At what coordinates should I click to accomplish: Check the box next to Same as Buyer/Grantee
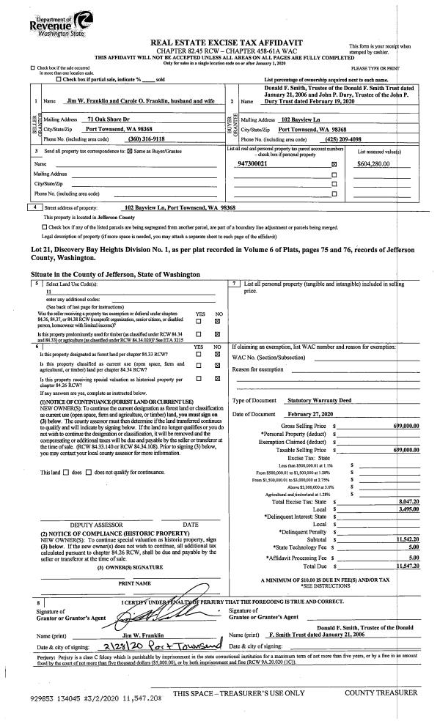coord(103,150)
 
